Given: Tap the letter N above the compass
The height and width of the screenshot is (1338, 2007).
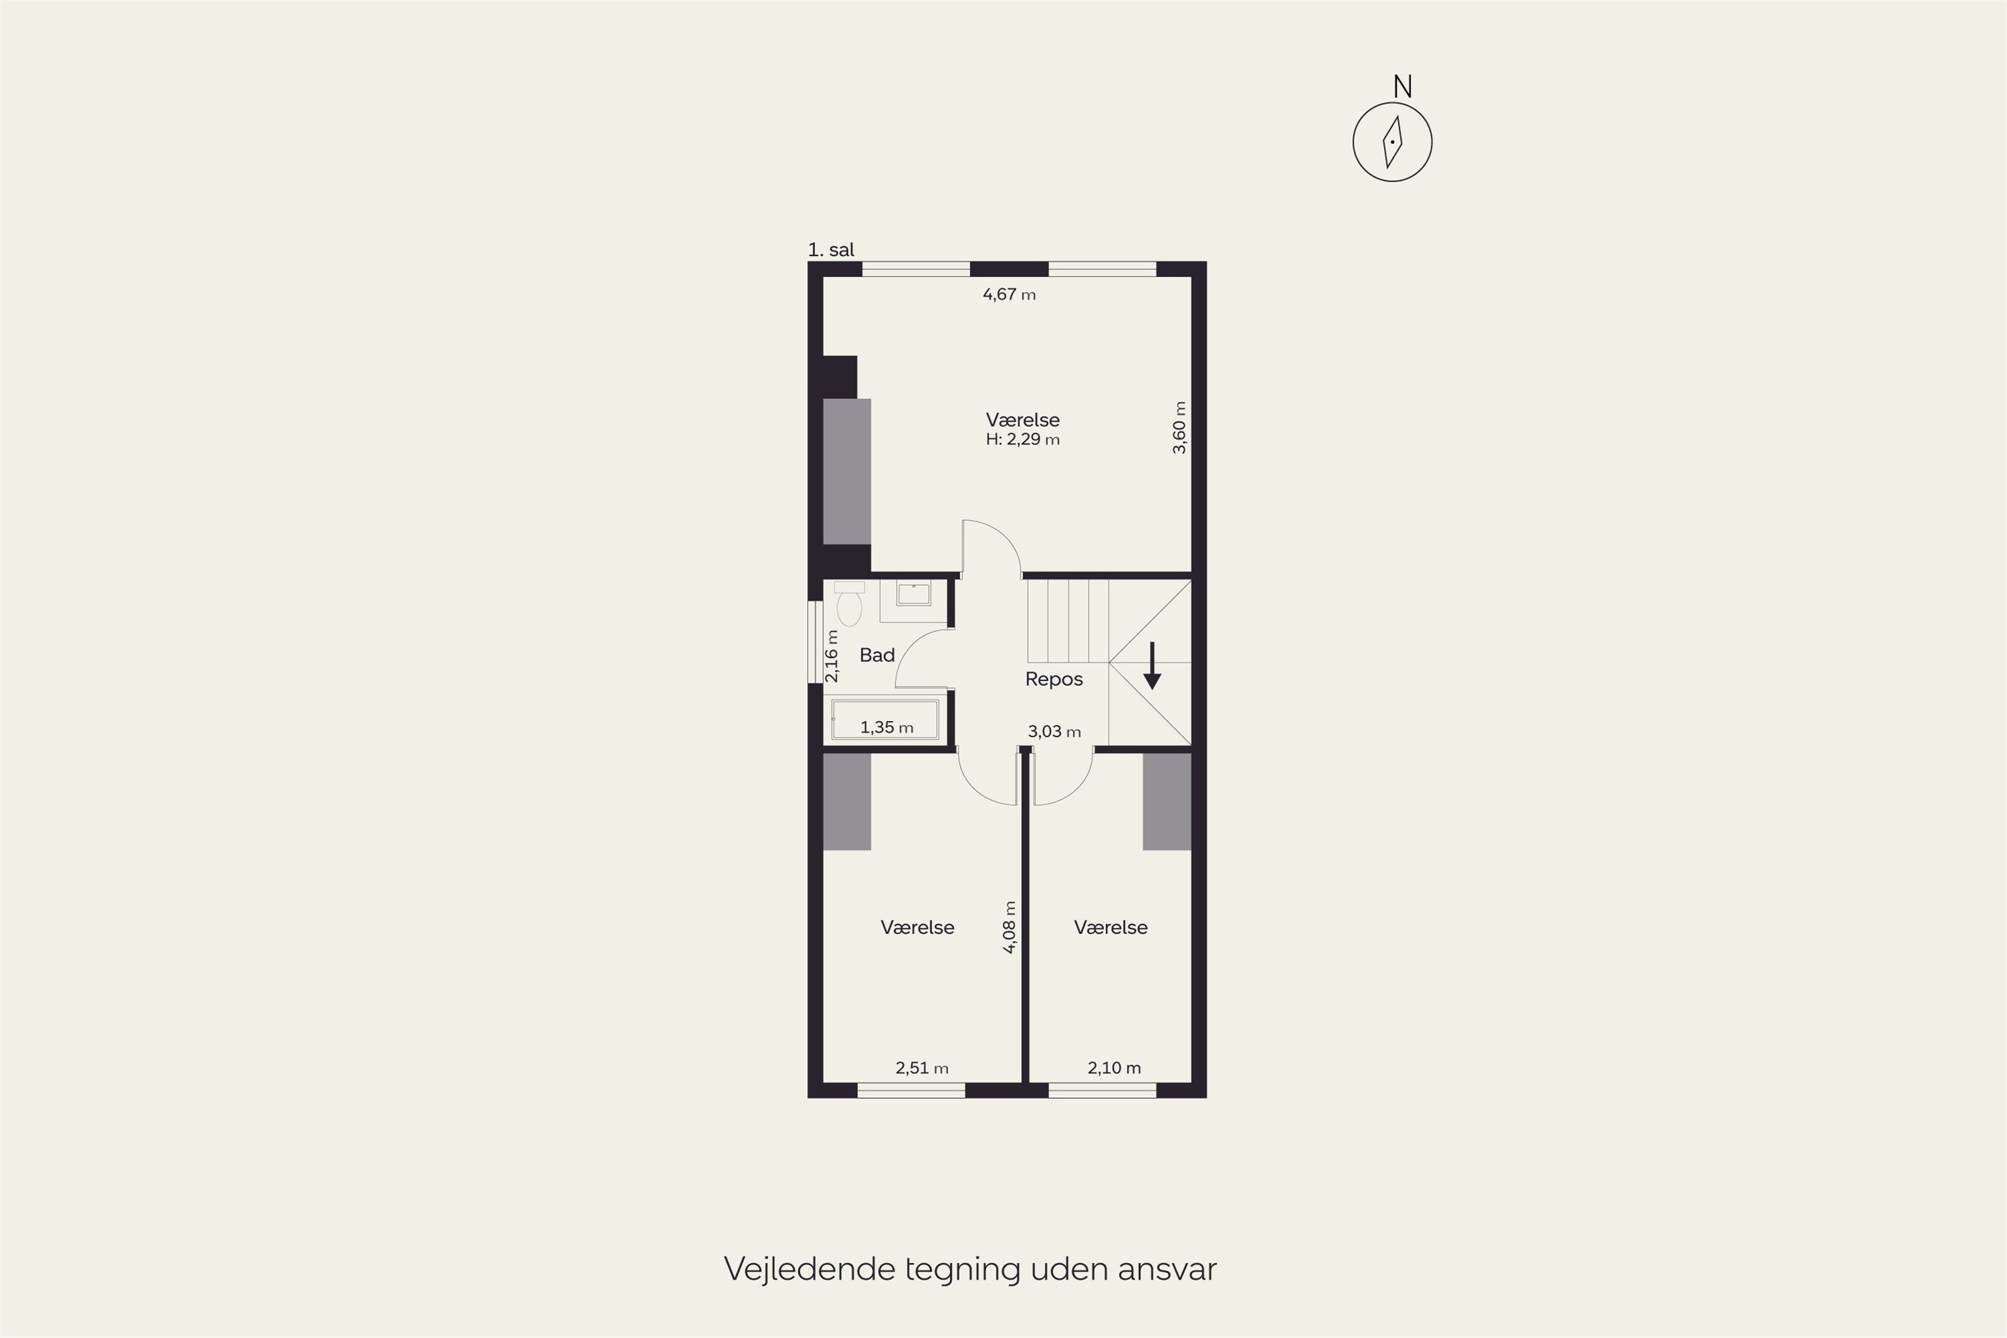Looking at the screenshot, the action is pos(1402,86).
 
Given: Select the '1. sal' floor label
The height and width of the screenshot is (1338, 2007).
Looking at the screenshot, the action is pos(831,250).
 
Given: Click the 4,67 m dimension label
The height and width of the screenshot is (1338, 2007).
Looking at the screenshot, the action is pos(1009,294).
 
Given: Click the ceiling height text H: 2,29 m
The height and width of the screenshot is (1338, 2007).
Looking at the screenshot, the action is pos(1022,440).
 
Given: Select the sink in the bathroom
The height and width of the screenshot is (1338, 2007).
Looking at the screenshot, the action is pos(913,594).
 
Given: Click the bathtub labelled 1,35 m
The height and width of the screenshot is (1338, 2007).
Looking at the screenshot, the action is pos(885,719).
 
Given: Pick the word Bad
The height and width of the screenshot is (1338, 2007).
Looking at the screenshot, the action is pos(876,656).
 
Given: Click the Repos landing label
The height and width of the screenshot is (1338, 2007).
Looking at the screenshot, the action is pos(1054,679).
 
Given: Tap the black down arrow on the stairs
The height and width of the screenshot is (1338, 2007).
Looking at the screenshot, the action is pos(1152,666).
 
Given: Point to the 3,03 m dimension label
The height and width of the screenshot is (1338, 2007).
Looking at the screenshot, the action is pos(1054,731).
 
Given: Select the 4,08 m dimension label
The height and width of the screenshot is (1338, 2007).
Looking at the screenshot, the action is pos(1009,927).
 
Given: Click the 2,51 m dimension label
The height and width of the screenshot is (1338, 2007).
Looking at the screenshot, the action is pos(922,1068).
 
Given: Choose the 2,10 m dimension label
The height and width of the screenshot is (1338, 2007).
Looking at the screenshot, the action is pos(1114,1068).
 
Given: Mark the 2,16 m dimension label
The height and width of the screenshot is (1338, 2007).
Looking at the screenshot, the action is pos(832,656).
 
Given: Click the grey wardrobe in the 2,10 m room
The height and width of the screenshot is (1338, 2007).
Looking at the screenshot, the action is pos(1167,801).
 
